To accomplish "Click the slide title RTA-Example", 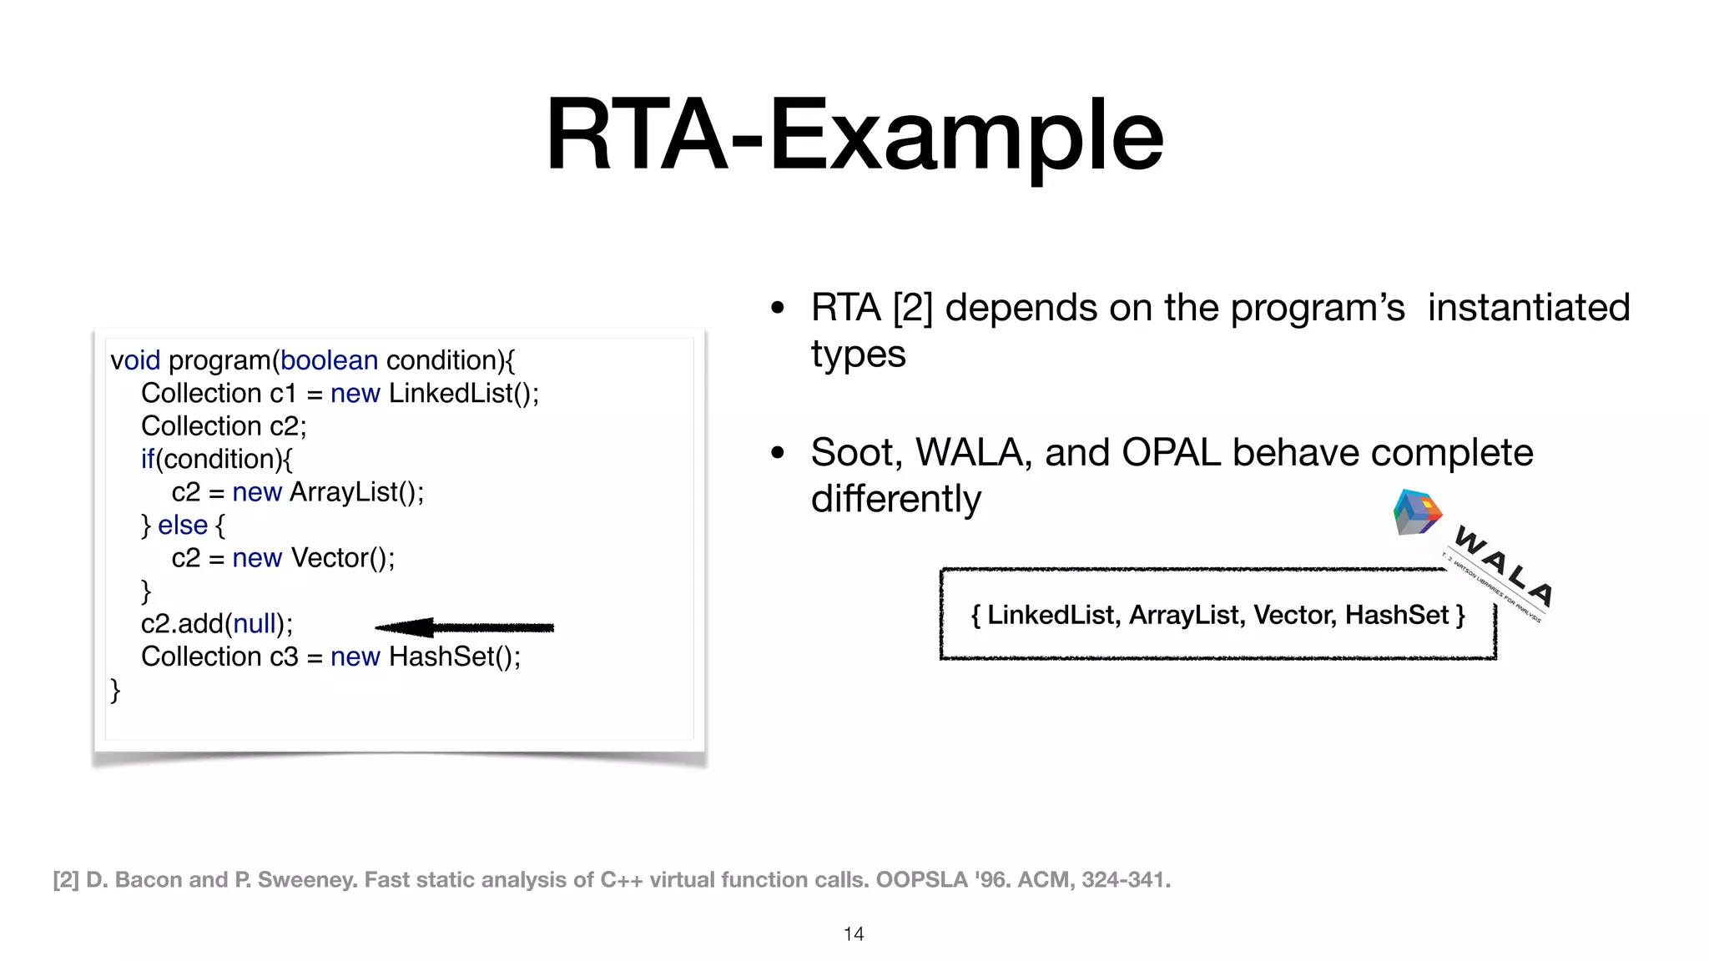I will click(x=854, y=135).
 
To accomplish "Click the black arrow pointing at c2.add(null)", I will click(x=464, y=627).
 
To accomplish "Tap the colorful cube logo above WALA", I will click(x=1416, y=512).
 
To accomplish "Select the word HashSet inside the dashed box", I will click(x=1396, y=615).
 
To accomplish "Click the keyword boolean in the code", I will click(x=329, y=360).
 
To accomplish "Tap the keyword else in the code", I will click(x=182, y=525).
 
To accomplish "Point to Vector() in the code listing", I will click(x=342, y=557).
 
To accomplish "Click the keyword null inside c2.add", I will click(x=255, y=623).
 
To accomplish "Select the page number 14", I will click(x=854, y=934).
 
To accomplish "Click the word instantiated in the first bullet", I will click(x=1528, y=307).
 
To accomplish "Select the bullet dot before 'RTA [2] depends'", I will click(x=778, y=308).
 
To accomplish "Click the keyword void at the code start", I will click(x=135, y=360).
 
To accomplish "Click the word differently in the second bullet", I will click(x=895, y=499).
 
